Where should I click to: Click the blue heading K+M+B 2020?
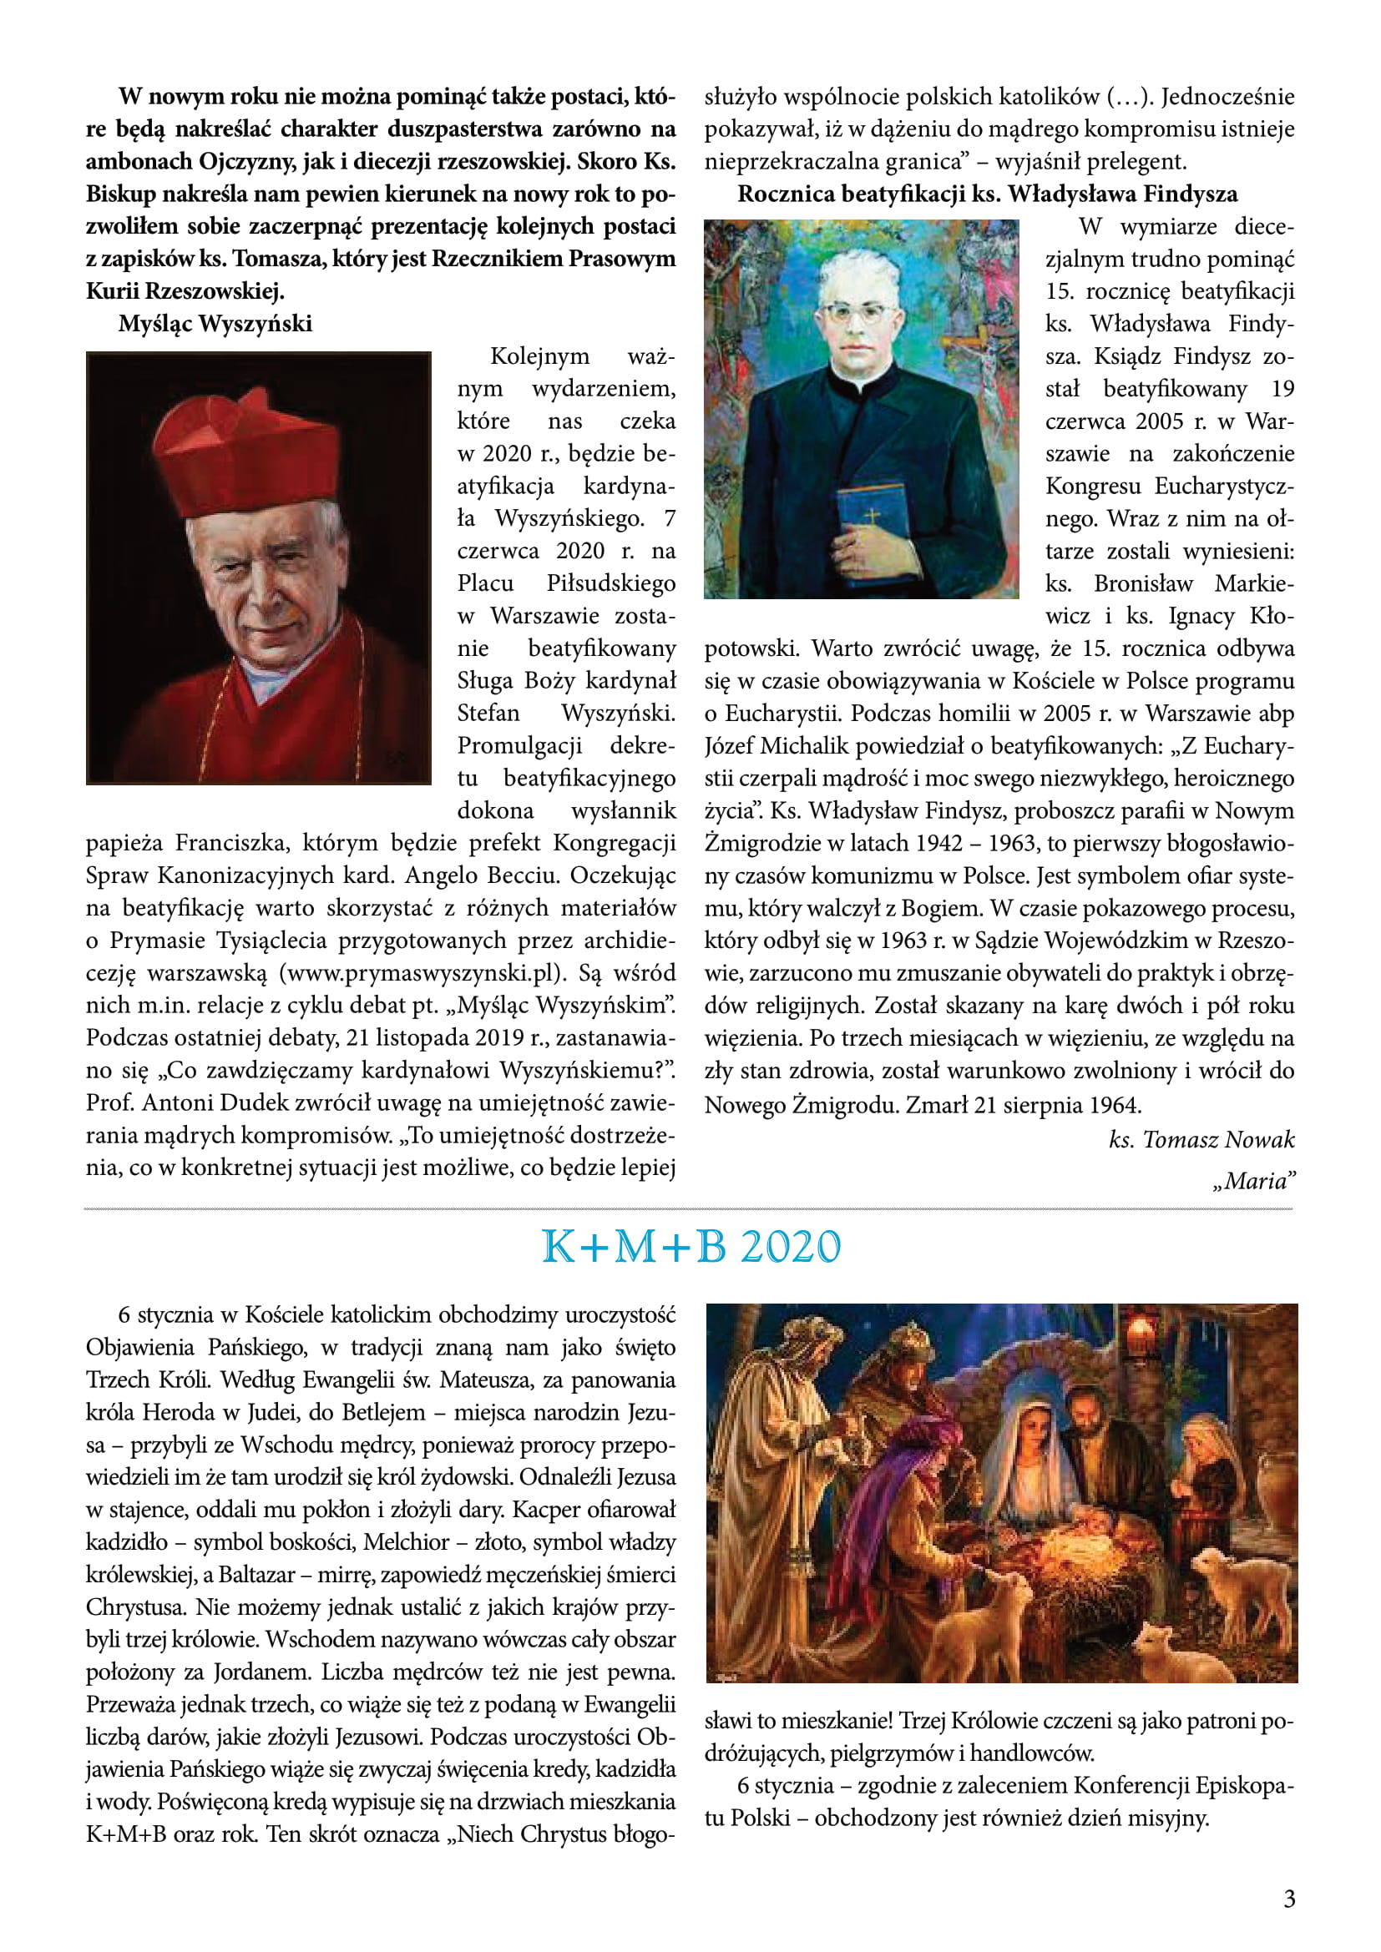[x=690, y=1247]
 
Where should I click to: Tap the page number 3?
[x=1289, y=1899]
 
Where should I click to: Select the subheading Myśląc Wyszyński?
[x=215, y=324]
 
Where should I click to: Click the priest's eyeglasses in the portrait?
[x=860, y=312]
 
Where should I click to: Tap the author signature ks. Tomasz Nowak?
[x=1201, y=1140]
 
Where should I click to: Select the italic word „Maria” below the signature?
[x=1254, y=1181]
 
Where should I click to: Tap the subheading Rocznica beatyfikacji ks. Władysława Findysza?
[x=987, y=194]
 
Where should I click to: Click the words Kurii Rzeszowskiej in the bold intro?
[x=185, y=291]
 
